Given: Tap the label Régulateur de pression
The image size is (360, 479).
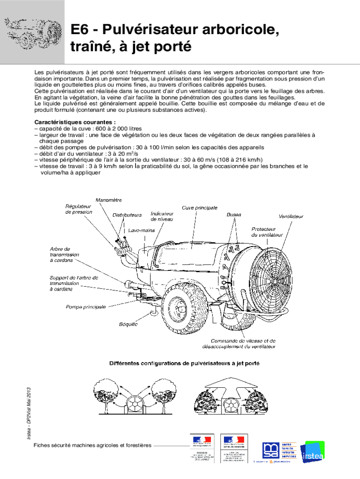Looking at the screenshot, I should pyautogui.click(x=79, y=209).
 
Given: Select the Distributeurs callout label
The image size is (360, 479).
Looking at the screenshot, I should pyautogui.click(x=127, y=215).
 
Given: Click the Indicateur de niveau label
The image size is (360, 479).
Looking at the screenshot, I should pyautogui.click(x=162, y=216).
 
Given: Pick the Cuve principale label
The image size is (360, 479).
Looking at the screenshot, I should pyautogui.click(x=200, y=207).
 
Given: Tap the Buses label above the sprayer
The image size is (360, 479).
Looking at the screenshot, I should pyautogui.click(x=234, y=215).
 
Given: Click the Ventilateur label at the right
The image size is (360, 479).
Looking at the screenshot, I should pyautogui.click(x=291, y=217).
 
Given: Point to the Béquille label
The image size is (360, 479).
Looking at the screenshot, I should pyautogui.click(x=128, y=324).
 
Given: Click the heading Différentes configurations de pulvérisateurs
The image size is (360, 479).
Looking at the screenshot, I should pyautogui.click(x=185, y=363).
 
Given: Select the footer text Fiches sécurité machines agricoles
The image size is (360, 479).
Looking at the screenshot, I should pyautogui.click(x=93, y=445).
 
